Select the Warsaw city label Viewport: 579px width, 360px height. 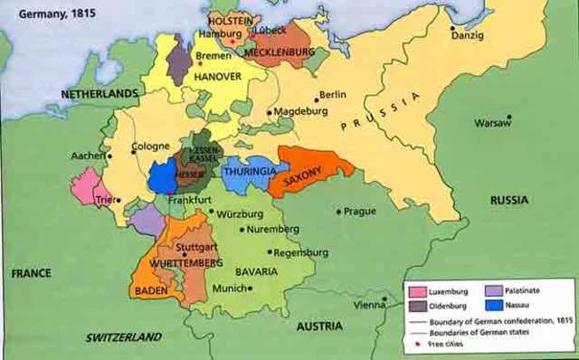[x=493, y=121]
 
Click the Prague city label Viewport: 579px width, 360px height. [x=358, y=212]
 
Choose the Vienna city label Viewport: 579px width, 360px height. [x=370, y=306]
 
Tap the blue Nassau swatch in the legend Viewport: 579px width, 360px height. [x=494, y=307]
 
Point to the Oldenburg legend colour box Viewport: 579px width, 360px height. [x=416, y=307]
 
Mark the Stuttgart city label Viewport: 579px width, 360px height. [x=197, y=245]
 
